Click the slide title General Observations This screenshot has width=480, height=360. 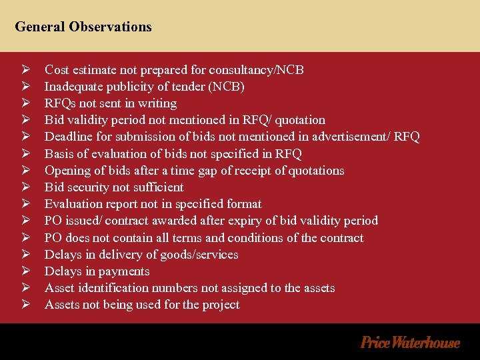(83, 27)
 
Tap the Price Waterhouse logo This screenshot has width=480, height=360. (409, 343)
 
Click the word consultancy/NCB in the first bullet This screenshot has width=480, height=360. (257, 70)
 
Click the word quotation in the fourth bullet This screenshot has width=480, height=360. (300, 120)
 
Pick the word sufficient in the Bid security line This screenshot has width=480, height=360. (157, 187)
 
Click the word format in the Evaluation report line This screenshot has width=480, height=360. (244, 204)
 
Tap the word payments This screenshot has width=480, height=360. (123, 271)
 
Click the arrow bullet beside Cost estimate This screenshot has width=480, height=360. (25, 70)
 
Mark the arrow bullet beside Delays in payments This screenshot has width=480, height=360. (25, 271)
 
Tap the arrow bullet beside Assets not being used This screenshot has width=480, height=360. (25, 305)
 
